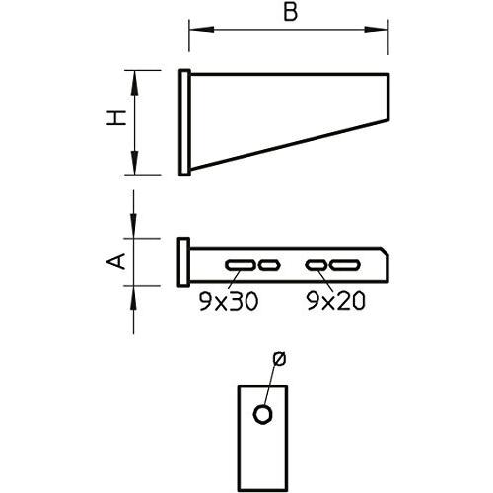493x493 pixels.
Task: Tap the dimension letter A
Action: coord(115,260)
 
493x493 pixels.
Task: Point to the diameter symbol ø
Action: coord(279,359)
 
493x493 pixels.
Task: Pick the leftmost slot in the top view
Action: coord(240,264)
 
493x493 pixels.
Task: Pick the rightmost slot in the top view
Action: coord(343,264)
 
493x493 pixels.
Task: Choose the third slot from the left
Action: coord(316,264)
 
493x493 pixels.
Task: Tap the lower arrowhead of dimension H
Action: coord(134,169)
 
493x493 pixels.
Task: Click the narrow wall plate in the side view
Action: coord(183,122)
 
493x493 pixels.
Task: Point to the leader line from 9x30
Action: coord(233,280)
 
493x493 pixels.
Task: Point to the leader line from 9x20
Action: coord(325,280)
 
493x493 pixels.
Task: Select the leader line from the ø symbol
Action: coord(271,387)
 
